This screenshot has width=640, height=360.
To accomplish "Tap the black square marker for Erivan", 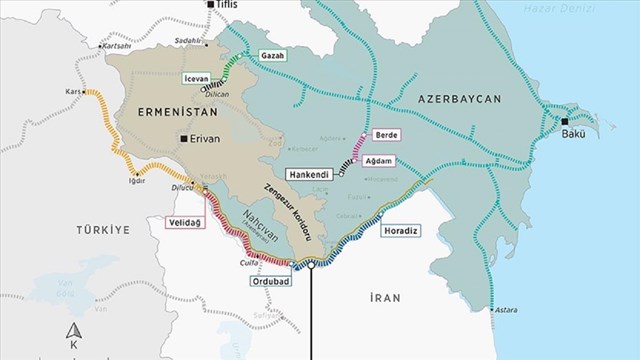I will point(184,139).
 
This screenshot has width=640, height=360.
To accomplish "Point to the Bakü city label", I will point(573,133).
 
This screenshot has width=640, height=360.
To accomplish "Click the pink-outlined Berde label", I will point(386,133).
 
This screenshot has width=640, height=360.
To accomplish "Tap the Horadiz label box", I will point(401,230).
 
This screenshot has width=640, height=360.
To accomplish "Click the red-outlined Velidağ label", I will point(184,221).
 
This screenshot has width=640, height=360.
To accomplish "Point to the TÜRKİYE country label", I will point(103,230).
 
